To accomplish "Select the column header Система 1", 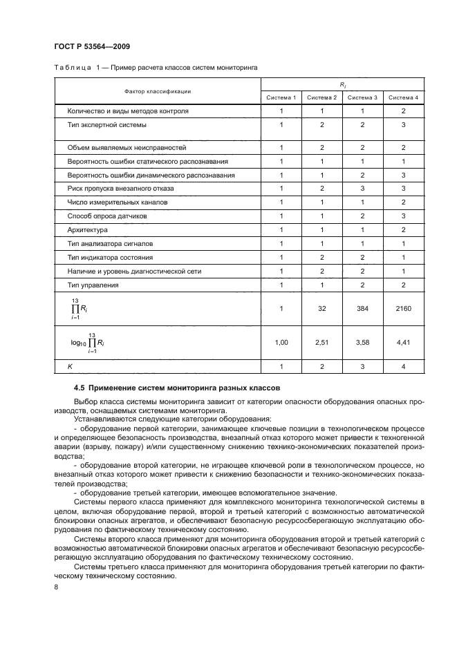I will [x=281, y=97].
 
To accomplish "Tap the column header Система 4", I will [x=404, y=97].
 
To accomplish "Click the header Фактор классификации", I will [x=158, y=91].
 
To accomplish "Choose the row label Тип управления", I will [x=93, y=285].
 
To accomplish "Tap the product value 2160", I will [x=404, y=308].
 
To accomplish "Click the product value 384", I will [x=362, y=308].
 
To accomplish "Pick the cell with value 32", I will [x=321, y=308].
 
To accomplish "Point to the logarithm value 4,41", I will [x=404, y=341].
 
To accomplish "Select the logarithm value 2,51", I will [x=321, y=341].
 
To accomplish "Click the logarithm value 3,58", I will [x=362, y=341].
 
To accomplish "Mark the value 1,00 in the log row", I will [x=281, y=341].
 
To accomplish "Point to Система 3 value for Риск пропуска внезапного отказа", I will [x=362, y=188].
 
